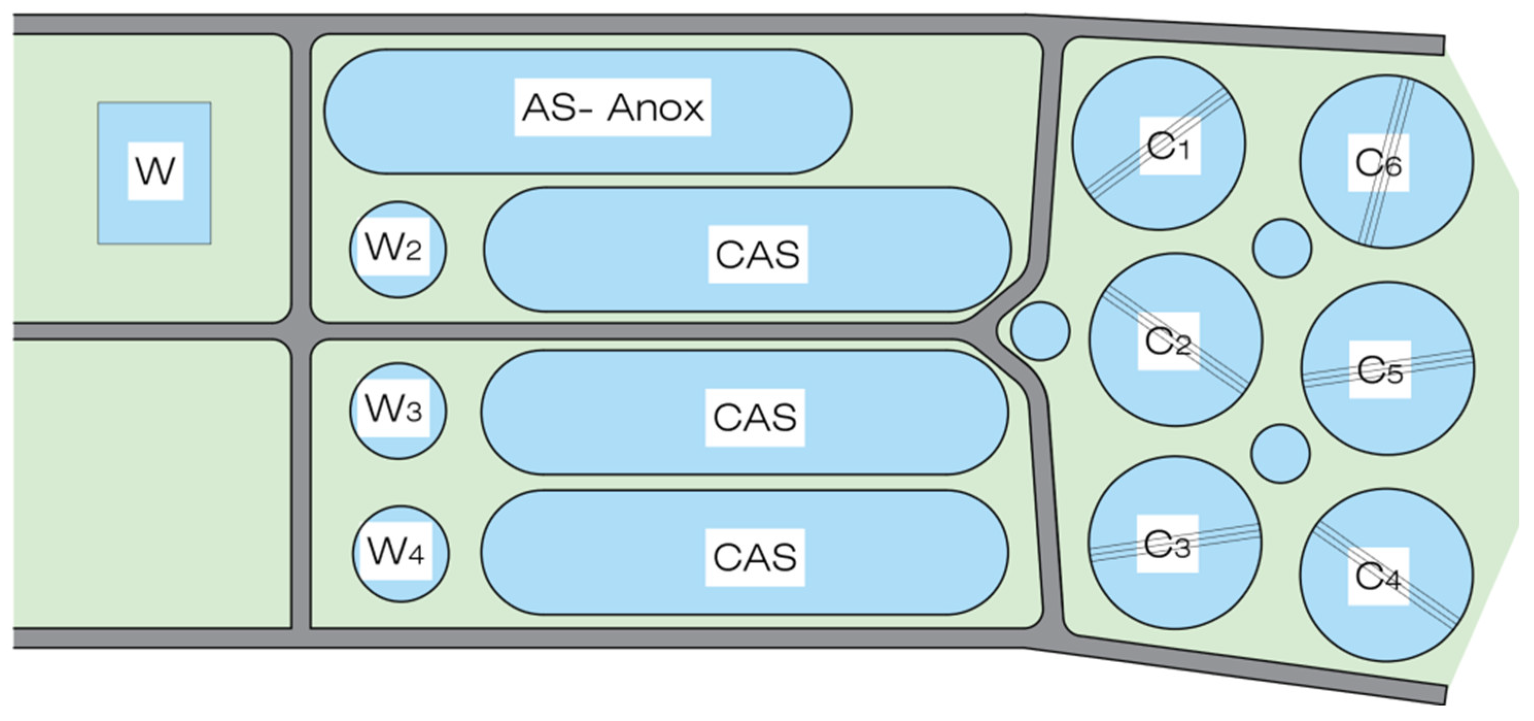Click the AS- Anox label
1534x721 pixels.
(612, 108)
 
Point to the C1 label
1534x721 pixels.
(1169, 146)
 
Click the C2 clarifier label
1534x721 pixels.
(1168, 341)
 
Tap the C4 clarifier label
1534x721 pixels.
(1378, 576)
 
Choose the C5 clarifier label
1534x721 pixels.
(1380, 370)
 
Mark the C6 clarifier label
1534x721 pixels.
(1378, 163)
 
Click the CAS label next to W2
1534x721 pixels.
(757, 255)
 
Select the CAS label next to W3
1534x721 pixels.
(754, 417)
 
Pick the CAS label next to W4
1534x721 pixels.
(754, 557)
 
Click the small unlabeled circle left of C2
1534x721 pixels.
(1040, 331)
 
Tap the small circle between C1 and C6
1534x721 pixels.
(1282, 248)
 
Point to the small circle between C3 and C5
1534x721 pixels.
(1280, 454)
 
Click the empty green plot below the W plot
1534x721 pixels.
(152, 483)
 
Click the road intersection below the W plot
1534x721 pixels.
(301, 331)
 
